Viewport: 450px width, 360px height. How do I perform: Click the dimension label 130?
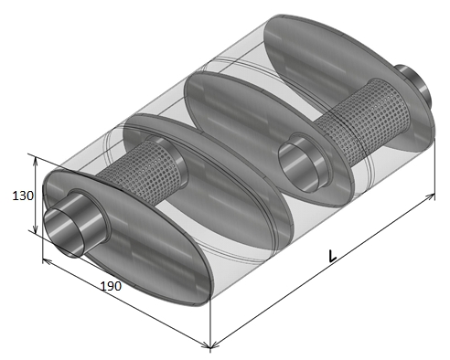[23, 196]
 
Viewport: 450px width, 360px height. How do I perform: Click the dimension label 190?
[111, 286]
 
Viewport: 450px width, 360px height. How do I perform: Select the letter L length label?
[332, 256]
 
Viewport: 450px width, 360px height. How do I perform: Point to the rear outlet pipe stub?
[414, 84]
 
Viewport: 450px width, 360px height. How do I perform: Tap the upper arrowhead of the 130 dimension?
[36, 161]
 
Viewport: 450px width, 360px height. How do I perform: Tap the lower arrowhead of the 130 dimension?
[36, 230]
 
